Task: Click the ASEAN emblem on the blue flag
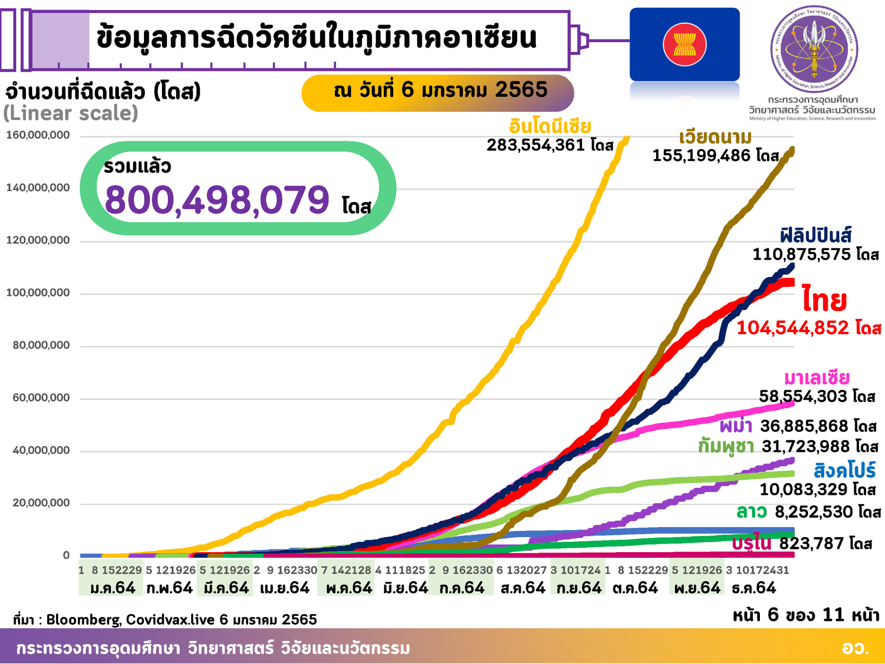684,45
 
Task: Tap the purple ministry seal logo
814,49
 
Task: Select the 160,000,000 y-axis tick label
38,135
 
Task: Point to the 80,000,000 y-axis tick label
41,345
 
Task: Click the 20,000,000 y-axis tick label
41,503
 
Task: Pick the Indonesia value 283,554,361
536,145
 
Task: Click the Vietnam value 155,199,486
701,155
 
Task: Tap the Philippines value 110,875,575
801,254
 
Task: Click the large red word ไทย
824,300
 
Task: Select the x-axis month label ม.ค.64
112,588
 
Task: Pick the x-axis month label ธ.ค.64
753,588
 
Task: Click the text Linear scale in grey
71,113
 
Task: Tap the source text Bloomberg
84,619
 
